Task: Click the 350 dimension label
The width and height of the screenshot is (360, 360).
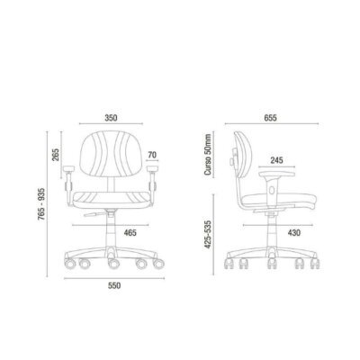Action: pos(111,118)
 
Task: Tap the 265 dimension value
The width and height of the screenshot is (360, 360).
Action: pos(56,155)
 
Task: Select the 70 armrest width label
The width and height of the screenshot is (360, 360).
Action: pos(152,155)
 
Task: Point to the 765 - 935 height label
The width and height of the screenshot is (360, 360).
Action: pos(41,204)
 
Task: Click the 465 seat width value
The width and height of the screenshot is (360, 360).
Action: pos(130,232)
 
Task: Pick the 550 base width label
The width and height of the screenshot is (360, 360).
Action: pos(114,285)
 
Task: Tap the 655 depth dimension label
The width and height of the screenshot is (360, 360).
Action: pos(271,118)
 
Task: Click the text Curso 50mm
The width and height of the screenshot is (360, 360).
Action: pos(208,155)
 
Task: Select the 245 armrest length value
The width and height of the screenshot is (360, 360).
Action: pos(276,160)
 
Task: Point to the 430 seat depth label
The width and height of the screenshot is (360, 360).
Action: pos(293,232)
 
